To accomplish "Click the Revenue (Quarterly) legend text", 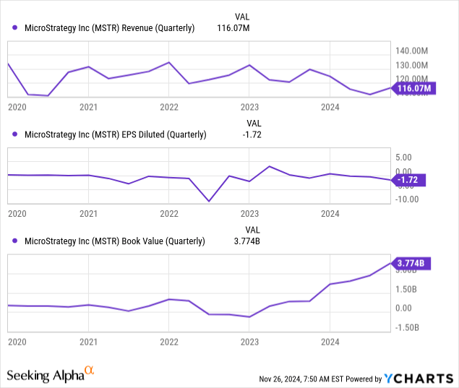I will (x=109, y=28).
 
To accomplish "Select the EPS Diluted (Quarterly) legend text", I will (x=115, y=134).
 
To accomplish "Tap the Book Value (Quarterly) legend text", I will (x=115, y=241).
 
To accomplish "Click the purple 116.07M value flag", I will (x=413, y=89).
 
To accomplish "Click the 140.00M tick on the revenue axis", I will (x=412, y=51).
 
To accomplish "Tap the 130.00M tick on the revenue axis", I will (x=412, y=64).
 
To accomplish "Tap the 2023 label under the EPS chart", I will (x=249, y=214).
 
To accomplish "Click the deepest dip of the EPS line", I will (x=210, y=201).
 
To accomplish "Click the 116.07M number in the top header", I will (x=233, y=28).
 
